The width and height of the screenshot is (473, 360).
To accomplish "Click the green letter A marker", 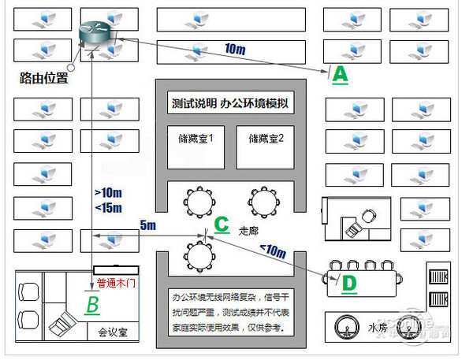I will click(338, 74).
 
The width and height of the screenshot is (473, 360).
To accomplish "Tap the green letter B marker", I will click(92, 304).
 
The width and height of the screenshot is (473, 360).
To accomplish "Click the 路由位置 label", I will click(43, 79).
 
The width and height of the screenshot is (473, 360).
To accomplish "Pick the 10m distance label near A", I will click(235, 49).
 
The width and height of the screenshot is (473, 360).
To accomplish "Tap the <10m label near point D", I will click(274, 251).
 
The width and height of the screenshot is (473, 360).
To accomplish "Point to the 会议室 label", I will click(112, 333).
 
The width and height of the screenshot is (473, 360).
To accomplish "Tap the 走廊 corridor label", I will click(248, 231).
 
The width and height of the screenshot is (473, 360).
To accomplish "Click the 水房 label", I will click(378, 326).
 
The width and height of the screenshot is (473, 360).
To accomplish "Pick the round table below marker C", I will click(196, 255).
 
